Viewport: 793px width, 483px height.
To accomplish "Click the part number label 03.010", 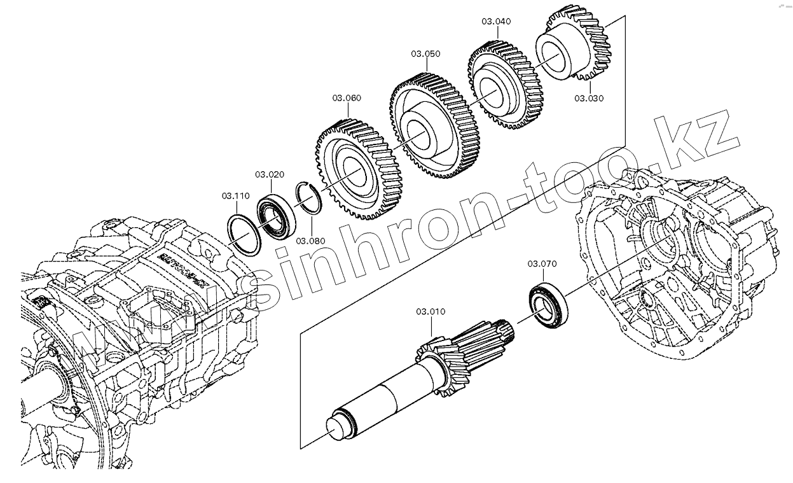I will tap(431, 312).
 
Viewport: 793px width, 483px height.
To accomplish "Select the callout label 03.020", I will tap(270, 174).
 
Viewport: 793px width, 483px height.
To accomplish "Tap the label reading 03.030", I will tap(589, 98).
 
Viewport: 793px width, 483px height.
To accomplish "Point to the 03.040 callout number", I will tap(495, 21).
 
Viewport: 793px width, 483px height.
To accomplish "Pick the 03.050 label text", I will tap(425, 54).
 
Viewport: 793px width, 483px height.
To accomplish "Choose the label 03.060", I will tap(347, 98).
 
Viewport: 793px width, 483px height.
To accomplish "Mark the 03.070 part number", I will tap(542, 263).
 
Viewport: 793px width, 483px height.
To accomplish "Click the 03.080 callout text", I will tap(310, 241).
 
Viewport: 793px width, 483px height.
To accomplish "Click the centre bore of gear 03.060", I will tap(352, 169).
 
